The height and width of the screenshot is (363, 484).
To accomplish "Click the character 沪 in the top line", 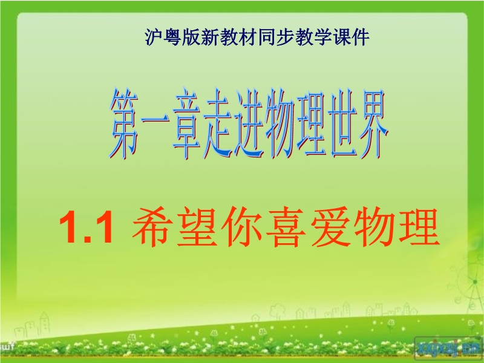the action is [x=154, y=38].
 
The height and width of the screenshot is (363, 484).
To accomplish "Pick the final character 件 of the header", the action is [x=361, y=38].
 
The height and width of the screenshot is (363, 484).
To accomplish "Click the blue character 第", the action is [x=124, y=123].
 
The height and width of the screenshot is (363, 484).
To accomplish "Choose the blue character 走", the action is [x=217, y=123].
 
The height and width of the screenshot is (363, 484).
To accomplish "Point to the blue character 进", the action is [x=249, y=123].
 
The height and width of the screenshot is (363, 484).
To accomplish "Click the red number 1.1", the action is [x=86, y=228].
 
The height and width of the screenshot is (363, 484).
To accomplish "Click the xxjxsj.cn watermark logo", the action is [x=448, y=347].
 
